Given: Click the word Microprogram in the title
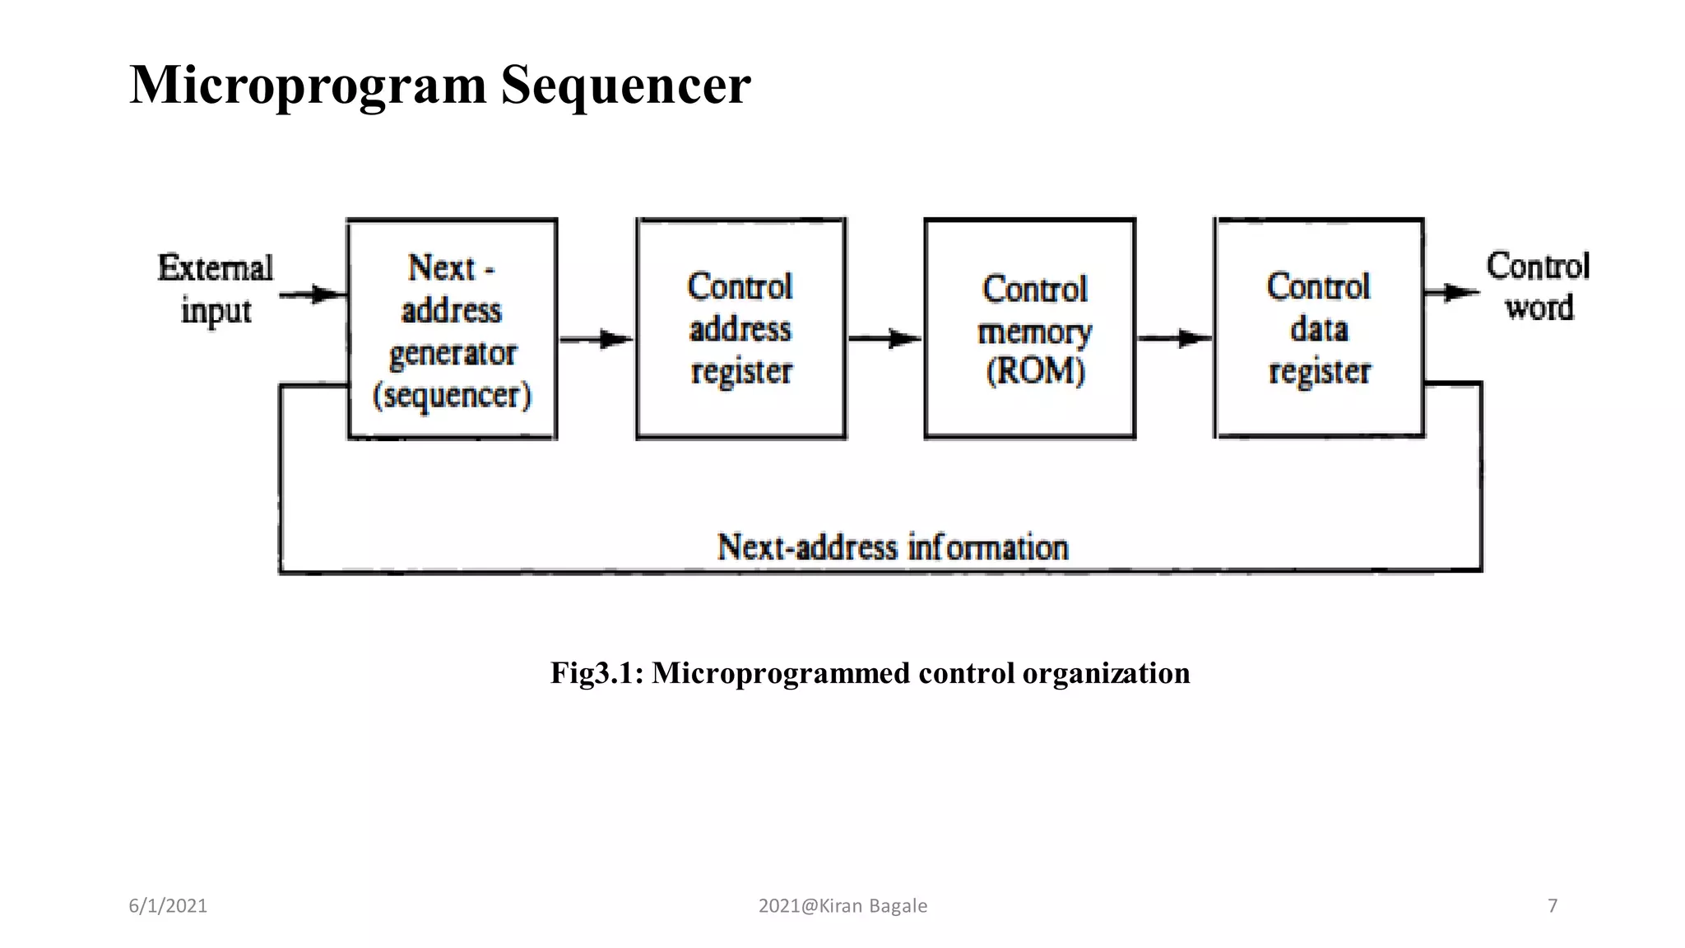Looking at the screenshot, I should click(309, 85).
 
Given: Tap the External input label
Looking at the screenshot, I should click(215, 289).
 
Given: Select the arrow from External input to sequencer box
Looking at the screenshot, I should click(313, 295).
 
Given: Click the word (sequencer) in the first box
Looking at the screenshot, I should click(452, 396).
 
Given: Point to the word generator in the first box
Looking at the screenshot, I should click(453, 354).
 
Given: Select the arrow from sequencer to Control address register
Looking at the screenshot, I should click(596, 339).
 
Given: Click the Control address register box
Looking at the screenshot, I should click(740, 329).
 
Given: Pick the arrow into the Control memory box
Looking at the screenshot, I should click(884, 338).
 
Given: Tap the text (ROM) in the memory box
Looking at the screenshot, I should click(1035, 371).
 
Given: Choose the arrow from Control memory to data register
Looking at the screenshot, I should click(1174, 338).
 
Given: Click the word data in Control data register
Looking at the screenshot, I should click(1319, 329).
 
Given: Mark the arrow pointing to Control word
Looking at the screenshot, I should click(1452, 292).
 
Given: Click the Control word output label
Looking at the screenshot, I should click(1538, 286).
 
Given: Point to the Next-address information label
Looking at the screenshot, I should click(893, 547).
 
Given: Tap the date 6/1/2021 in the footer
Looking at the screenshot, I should click(168, 906).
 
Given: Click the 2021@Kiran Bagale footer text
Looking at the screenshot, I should click(842, 906).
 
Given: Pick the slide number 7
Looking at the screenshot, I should click(1553, 906).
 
